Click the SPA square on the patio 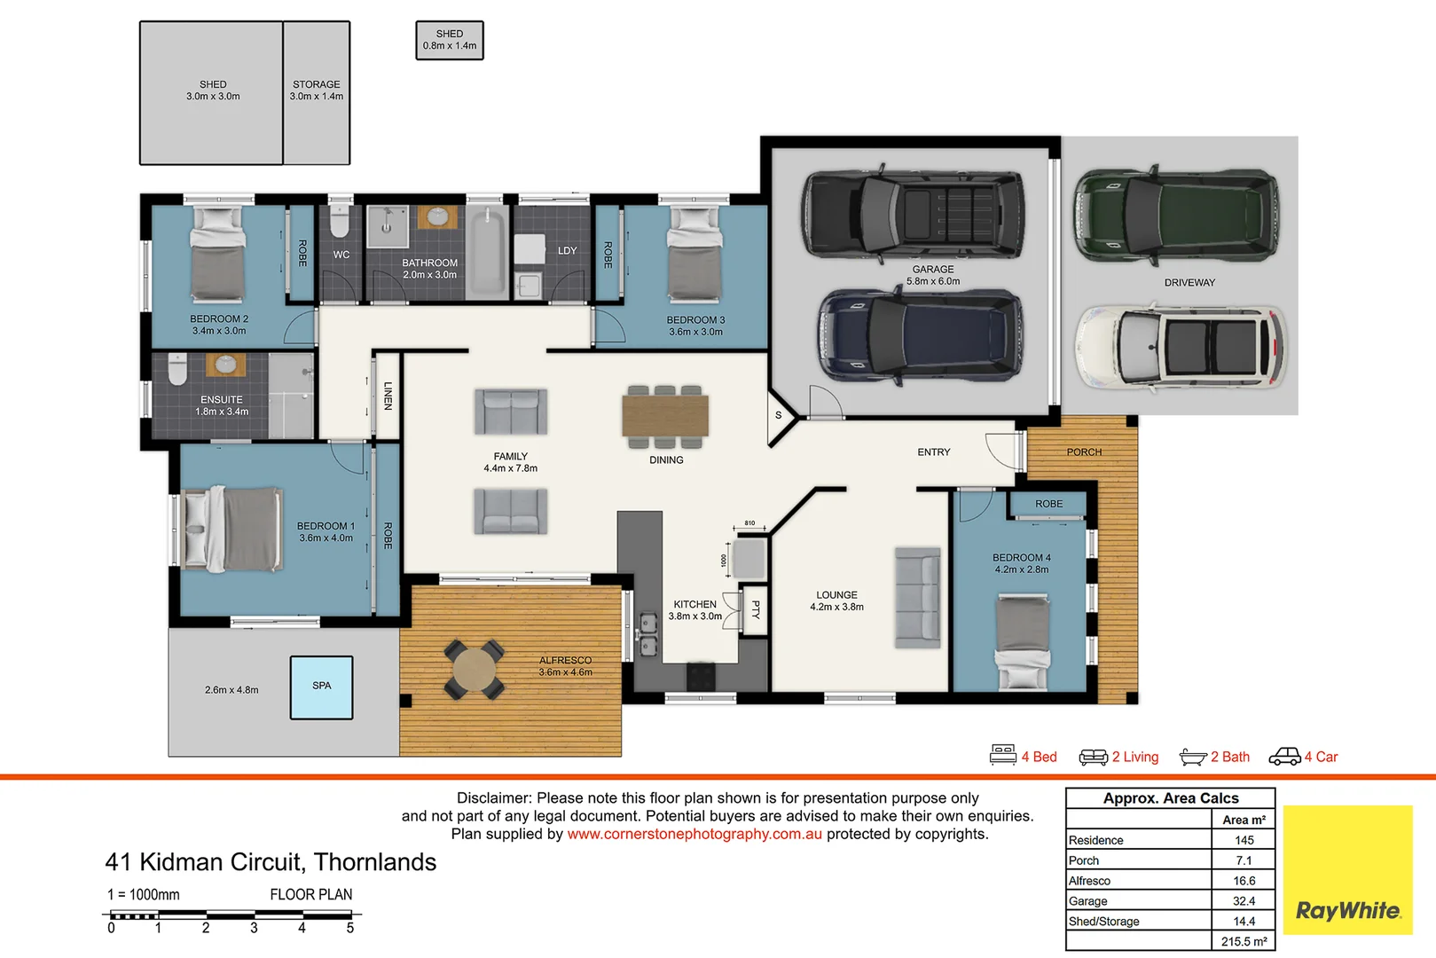click(321, 687)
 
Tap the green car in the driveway click(1176, 216)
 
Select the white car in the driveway click(1181, 347)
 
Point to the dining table click(665, 415)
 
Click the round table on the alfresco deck click(475, 670)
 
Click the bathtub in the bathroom click(487, 254)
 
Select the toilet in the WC click(339, 223)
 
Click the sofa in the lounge click(918, 597)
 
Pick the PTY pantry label click(756, 609)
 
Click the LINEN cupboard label click(388, 396)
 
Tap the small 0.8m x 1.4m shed click(450, 40)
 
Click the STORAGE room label click(317, 84)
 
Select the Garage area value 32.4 click(1244, 901)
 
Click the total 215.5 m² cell click(1244, 941)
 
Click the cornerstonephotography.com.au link click(694, 834)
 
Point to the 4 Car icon click(1284, 757)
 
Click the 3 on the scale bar click(254, 928)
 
